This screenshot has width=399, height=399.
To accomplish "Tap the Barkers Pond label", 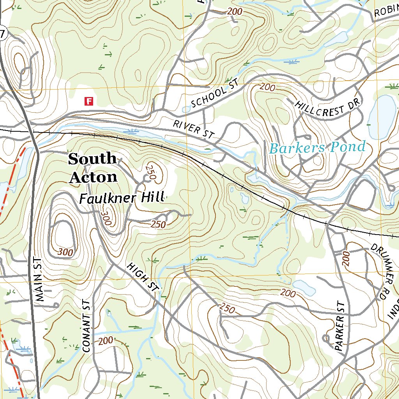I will click(x=317, y=148).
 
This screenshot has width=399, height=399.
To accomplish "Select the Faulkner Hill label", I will click(x=121, y=198).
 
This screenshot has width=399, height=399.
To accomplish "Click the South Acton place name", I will click(x=93, y=168).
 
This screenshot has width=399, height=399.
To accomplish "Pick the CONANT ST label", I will click(x=87, y=326).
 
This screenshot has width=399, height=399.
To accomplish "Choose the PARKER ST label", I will click(x=340, y=327).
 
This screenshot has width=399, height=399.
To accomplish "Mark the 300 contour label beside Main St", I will click(x=65, y=252).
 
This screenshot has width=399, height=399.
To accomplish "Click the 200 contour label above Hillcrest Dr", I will click(x=267, y=87).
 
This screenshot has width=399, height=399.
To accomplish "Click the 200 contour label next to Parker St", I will click(x=346, y=259).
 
